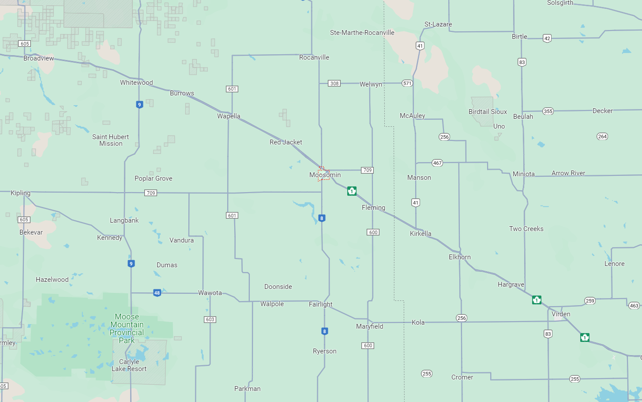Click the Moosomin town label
pos(325,175)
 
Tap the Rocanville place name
pos(314,57)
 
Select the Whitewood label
pos(136,83)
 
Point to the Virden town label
pos(561,314)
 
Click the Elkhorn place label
pos(459,257)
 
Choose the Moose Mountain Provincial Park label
pos(127,328)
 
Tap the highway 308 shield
pos(334,83)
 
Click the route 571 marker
pos(407,83)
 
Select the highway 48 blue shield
pos(157,293)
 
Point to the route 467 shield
pos(437,163)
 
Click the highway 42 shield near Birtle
pos(547,38)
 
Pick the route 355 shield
pos(548,111)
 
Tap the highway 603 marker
pos(210,319)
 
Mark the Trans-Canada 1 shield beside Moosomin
pos(352,191)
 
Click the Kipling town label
pos(21,193)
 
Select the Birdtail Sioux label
pos(488,112)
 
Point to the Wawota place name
pos(210,293)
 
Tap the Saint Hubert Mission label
pos(110,140)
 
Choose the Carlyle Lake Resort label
pos(129,365)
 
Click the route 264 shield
pos(602,137)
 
